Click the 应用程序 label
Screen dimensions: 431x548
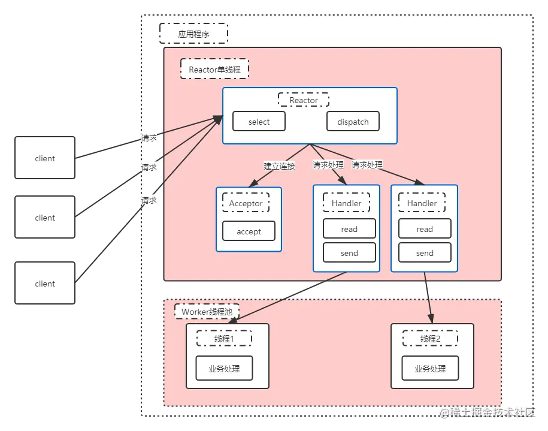[x=193, y=34]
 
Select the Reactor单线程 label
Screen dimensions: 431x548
[x=214, y=69]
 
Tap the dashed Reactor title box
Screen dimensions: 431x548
[x=304, y=100]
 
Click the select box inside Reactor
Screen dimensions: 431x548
[x=259, y=122]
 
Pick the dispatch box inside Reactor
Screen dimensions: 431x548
[x=353, y=122]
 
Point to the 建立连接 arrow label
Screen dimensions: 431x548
[x=279, y=166]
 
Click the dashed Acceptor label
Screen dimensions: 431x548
[x=246, y=203]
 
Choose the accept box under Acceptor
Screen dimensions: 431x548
[x=249, y=231]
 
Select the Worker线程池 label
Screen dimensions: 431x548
[x=207, y=312]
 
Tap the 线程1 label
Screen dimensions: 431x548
[x=224, y=339]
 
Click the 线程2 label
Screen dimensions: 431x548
[x=430, y=339]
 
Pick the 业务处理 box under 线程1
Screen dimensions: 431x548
[x=224, y=369]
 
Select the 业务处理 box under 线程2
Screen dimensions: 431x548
[x=430, y=369]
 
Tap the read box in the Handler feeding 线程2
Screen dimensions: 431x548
[x=425, y=229]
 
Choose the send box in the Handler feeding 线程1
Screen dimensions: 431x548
[x=349, y=253]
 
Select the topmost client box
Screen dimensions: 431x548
[x=45, y=158]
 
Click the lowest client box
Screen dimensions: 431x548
[x=45, y=284]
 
